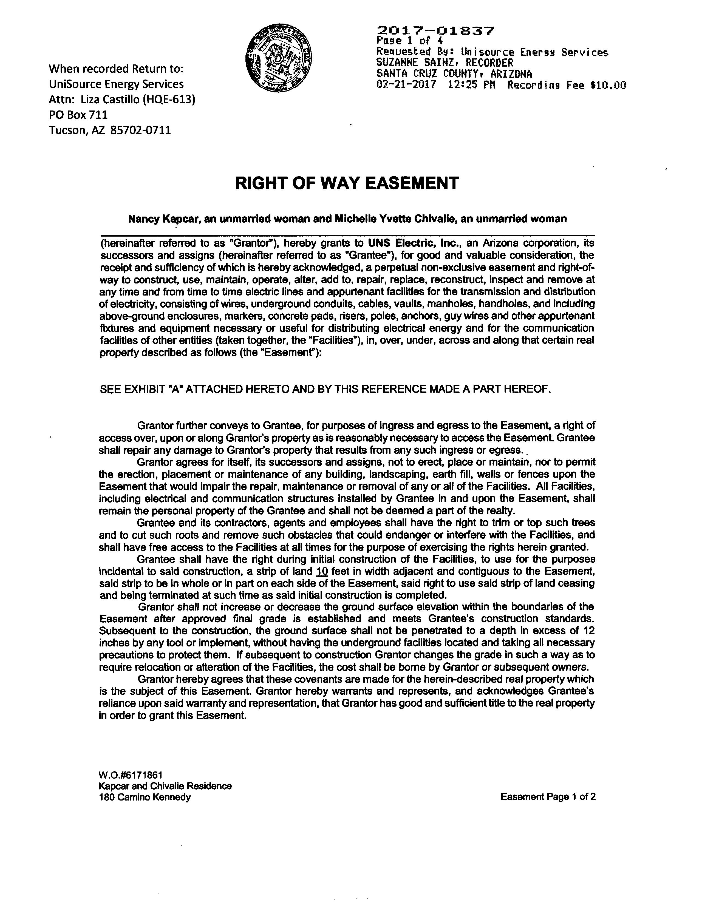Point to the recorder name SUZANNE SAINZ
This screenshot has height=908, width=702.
point(423,63)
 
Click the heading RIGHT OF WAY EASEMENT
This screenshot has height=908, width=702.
point(347,183)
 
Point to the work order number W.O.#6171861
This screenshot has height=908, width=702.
point(130,775)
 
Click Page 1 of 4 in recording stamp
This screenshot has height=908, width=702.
point(409,41)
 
